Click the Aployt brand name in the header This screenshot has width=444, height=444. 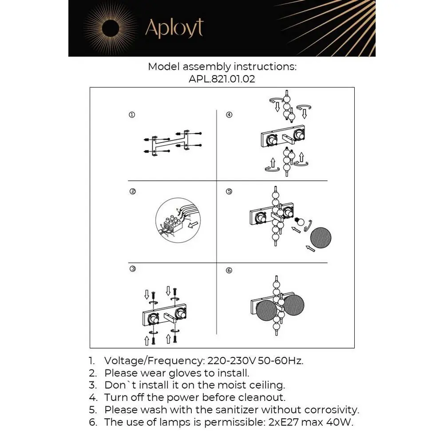(174, 28)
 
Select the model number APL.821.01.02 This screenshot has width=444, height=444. (222, 79)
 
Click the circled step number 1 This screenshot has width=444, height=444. (132, 115)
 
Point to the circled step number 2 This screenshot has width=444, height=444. (132, 192)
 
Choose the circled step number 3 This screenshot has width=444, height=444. (132, 269)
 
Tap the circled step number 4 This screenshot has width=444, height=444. (229, 115)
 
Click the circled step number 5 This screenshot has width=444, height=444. (229, 192)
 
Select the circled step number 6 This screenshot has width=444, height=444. (229, 270)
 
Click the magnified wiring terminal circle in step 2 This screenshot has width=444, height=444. (178, 220)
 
